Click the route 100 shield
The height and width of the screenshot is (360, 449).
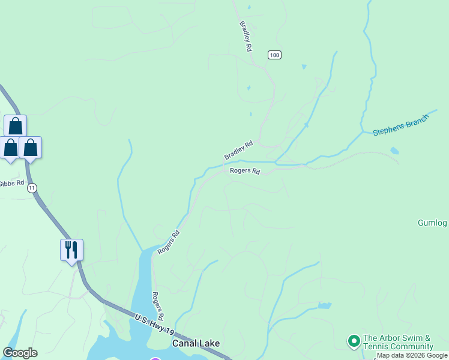pos(274,55)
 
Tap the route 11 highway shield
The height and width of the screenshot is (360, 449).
pos(32,188)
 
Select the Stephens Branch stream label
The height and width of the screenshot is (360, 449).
pos(400,124)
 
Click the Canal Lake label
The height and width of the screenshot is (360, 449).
pos(196,344)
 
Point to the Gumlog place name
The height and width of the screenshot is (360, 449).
pos(432,223)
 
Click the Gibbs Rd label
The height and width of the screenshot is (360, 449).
pos(11,183)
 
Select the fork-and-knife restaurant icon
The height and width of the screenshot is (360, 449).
pos(71,249)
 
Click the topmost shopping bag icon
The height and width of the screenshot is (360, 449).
pos(15,125)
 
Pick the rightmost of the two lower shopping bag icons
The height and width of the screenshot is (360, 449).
pos(30,147)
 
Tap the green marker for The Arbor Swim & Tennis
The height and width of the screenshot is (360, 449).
pos(354,341)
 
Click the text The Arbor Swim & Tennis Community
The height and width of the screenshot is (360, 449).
pos(398,343)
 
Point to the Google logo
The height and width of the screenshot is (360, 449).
pos(20,353)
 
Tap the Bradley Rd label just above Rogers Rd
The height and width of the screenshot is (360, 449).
pos(239,150)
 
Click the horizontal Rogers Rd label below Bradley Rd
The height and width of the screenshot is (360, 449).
pos(245,171)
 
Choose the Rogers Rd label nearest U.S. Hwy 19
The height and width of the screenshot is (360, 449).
pos(158,306)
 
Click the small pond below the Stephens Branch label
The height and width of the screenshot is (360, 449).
pos(394,151)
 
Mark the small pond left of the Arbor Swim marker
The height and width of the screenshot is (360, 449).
pos(324,305)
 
